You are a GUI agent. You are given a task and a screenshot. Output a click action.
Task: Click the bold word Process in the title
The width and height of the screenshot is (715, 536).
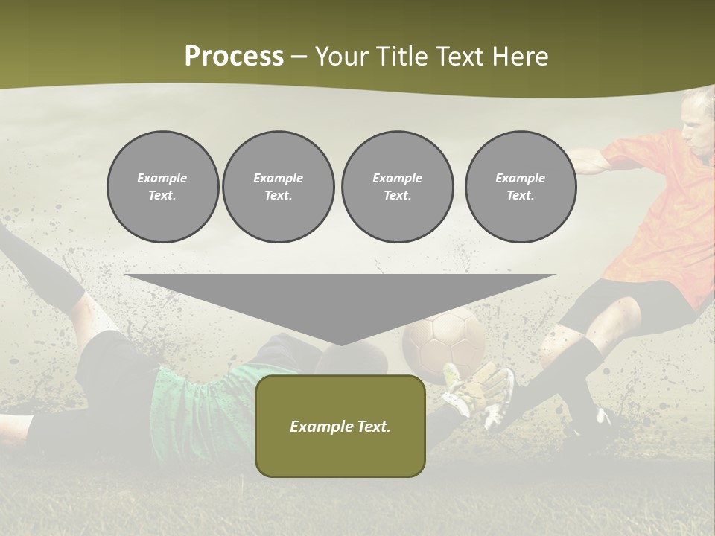(234, 57)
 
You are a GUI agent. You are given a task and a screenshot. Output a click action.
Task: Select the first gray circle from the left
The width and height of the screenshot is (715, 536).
(162, 187)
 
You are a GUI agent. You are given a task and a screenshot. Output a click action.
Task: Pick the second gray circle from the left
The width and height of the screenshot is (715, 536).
(278, 187)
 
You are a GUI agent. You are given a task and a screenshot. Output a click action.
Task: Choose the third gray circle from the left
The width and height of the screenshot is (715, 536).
(397, 187)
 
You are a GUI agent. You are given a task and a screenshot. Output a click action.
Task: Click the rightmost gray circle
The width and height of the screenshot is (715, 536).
(520, 187)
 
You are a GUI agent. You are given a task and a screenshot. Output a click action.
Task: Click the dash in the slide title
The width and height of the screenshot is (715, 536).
(299, 57)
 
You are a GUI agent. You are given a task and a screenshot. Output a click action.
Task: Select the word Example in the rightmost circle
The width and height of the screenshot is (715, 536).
(520, 178)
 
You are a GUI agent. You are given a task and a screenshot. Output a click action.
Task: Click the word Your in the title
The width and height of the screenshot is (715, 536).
(341, 57)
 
